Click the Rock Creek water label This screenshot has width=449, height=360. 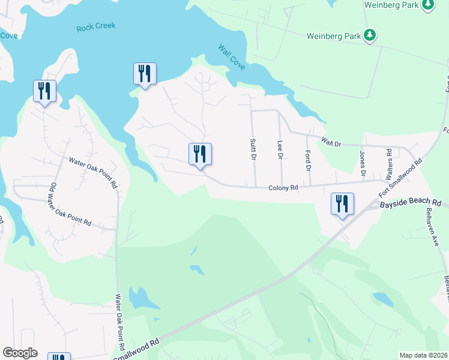click(96, 26)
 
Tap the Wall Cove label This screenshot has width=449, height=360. click(231, 57)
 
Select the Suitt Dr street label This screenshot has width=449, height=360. click(253, 148)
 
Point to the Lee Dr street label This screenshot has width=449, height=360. click(280, 149)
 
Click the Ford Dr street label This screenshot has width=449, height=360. click(308, 159)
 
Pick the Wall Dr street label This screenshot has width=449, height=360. click(330, 143)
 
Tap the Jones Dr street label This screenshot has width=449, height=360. click(363, 162)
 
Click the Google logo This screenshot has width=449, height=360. click(20, 353)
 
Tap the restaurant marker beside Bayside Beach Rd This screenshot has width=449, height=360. click(342, 204)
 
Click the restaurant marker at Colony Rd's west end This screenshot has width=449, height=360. click(200, 154)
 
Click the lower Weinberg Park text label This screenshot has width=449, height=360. click(333, 36)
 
